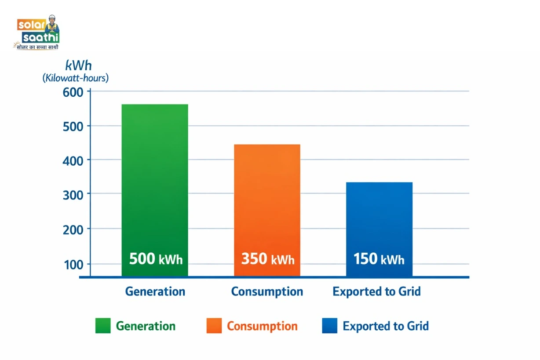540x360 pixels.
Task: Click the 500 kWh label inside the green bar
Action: (156, 259)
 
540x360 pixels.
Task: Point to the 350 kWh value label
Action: (267, 259)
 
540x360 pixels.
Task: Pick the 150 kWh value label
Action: (379, 259)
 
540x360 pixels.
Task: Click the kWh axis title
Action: (78, 66)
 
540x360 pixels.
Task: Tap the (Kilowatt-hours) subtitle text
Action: (76, 78)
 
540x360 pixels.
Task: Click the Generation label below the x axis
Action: (155, 291)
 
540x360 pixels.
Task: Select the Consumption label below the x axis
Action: (267, 291)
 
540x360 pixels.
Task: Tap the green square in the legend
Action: (103, 326)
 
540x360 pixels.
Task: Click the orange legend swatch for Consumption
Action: (214, 326)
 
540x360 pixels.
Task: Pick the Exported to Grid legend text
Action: (385, 326)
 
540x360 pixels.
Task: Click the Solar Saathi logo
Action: (38, 33)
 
